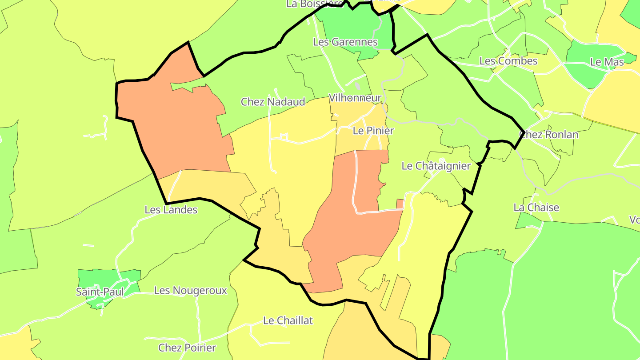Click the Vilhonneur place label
tap(355, 98)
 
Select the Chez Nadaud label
tap(273, 102)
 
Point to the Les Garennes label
tap(345, 42)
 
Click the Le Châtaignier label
tap(436, 166)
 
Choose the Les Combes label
tap(508, 61)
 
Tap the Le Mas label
tap(607, 62)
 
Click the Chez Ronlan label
tap(549, 135)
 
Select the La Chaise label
tap(536, 208)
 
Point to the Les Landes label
tap(171, 210)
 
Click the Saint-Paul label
tap(100, 292)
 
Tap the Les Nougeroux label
tap(190, 291)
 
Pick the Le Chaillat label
tap(288, 320)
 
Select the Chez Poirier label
tap(187, 348)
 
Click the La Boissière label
tap(315, 4)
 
